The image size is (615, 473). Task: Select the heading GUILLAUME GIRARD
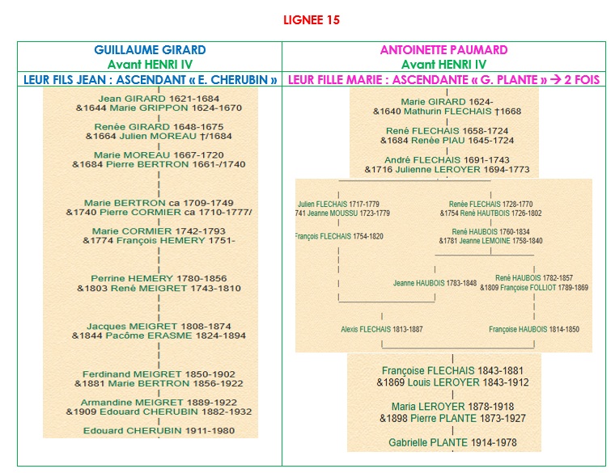[150, 50]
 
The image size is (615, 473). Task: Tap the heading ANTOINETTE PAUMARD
[443, 50]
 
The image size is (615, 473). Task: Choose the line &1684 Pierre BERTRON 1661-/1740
[158, 164]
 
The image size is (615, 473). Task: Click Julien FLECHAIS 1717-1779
[338, 204]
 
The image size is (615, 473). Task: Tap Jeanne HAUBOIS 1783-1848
[435, 283]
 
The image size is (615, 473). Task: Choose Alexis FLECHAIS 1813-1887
[381, 330]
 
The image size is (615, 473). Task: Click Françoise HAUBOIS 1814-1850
[533, 330]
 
